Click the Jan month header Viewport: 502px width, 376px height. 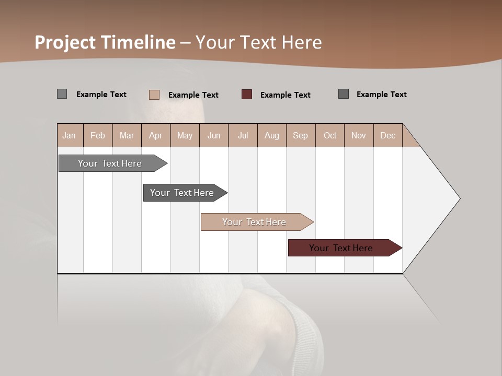pyautogui.click(x=69, y=135)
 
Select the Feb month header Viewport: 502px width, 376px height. pyautogui.click(x=98, y=135)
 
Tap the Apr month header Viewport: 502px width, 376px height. pyautogui.click(x=155, y=135)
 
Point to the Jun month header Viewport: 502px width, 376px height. pyautogui.click(x=214, y=135)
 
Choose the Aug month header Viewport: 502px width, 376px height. pyautogui.click(x=271, y=135)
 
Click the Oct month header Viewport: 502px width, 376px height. pyautogui.click(x=330, y=135)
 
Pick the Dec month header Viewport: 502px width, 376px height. pyautogui.click(x=387, y=135)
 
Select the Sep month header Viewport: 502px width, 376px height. pyautogui.click(x=300, y=135)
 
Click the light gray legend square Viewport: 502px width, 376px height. pyautogui.click(x=62, y=94)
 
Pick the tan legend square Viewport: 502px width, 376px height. pyautogui.click(x=154, y=95)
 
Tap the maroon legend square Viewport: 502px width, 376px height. pyautogui.click(x=247, y=95)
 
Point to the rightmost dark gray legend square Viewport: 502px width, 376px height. pyautogui.click(x=344, y=94)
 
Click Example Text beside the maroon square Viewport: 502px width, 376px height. pyautogui.click(x=285, y=95)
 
